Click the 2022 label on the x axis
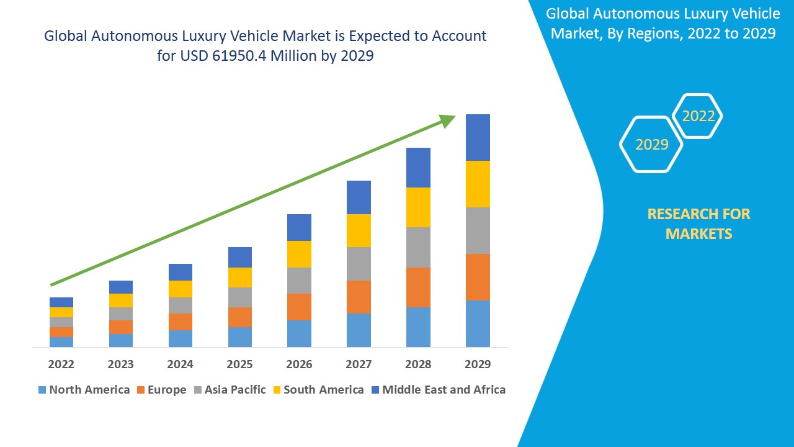pos(61,364)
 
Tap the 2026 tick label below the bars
pos(299,364)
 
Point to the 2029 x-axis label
pos(478,364)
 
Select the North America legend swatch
pos(42,390)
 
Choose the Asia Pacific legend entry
pos(230,390)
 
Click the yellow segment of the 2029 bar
pos(478,184)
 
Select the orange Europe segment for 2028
pos(418,287)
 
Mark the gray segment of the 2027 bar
pos(359,264)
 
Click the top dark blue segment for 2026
pos(299,227)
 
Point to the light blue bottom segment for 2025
pos(239,336)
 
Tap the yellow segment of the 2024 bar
pos(180,289)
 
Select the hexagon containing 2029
pos(651,144)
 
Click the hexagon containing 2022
pos(698,116)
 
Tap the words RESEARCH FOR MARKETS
pos(698,223)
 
